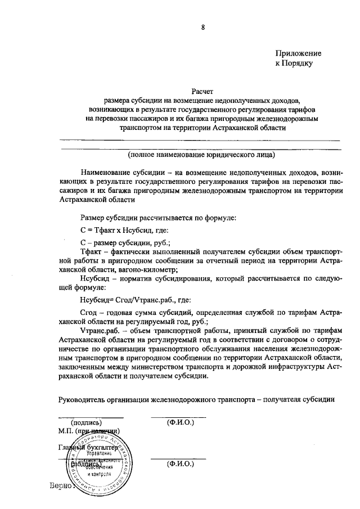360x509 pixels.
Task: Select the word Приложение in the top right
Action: (x=298, y=53)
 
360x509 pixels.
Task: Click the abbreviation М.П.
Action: (x=67, y=431)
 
